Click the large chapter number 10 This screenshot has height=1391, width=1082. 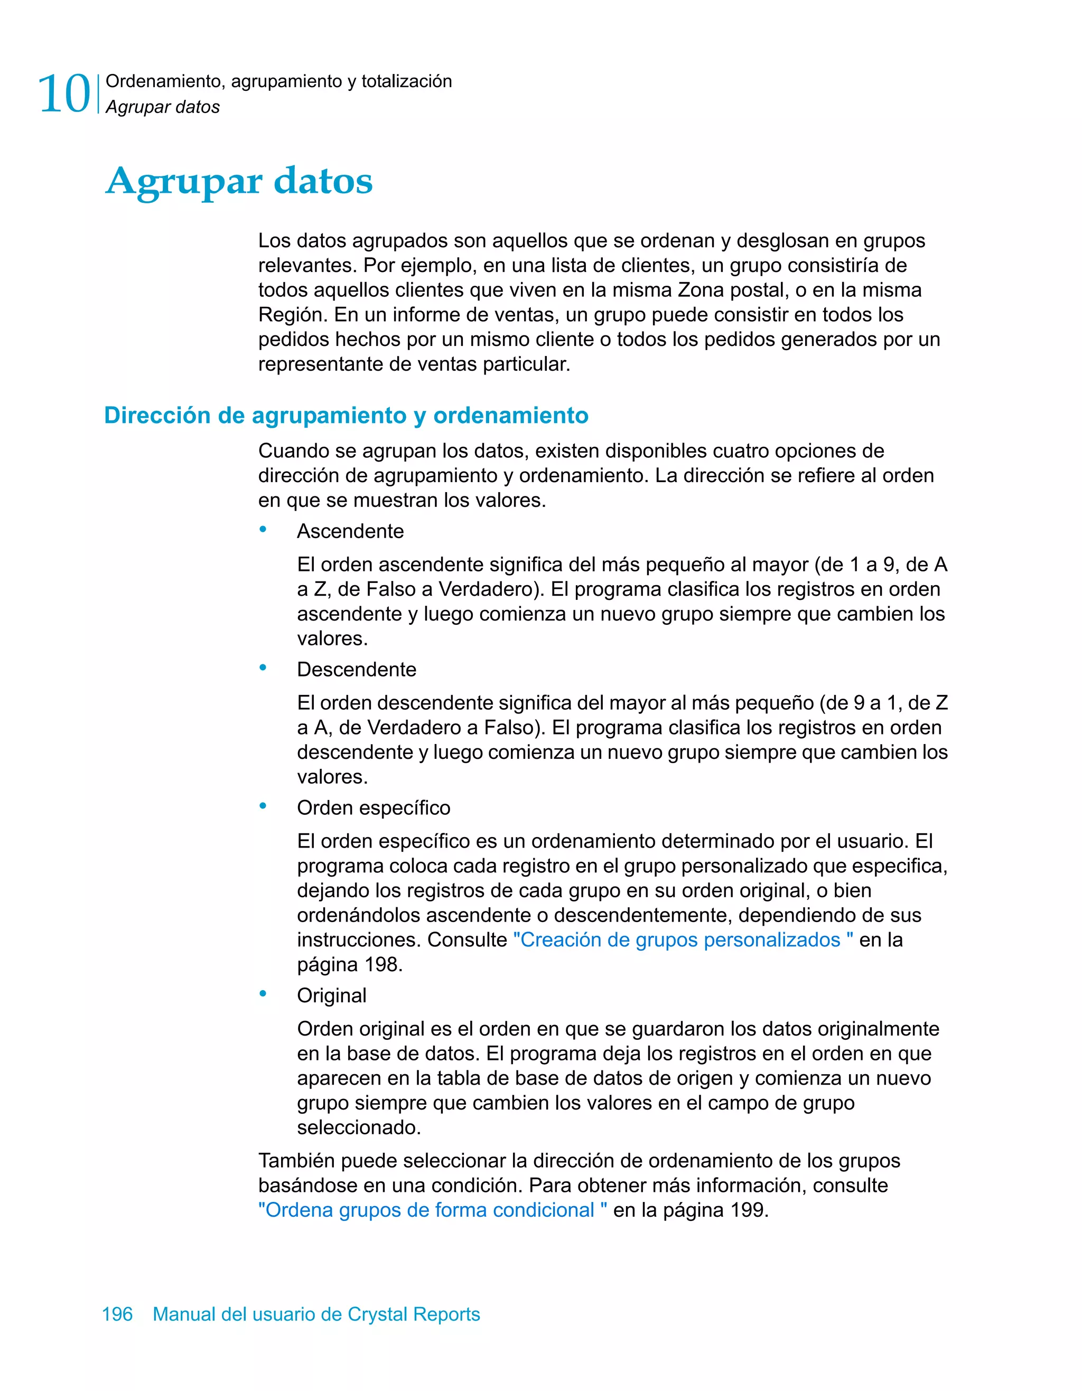click(64, 94)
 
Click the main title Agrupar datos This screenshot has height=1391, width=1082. click(239, 181)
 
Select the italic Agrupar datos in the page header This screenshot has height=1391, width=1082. click(163, 107)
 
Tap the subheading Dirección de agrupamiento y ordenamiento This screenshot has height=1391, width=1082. click(346, 415)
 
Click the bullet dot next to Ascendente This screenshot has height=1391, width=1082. click(263, 530)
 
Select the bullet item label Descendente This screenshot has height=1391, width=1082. click(356, 670)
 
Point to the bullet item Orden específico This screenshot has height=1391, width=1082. click(374, 807)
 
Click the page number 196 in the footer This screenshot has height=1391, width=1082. click(117, 1314)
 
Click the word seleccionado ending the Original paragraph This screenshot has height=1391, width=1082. click(358, 1128)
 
